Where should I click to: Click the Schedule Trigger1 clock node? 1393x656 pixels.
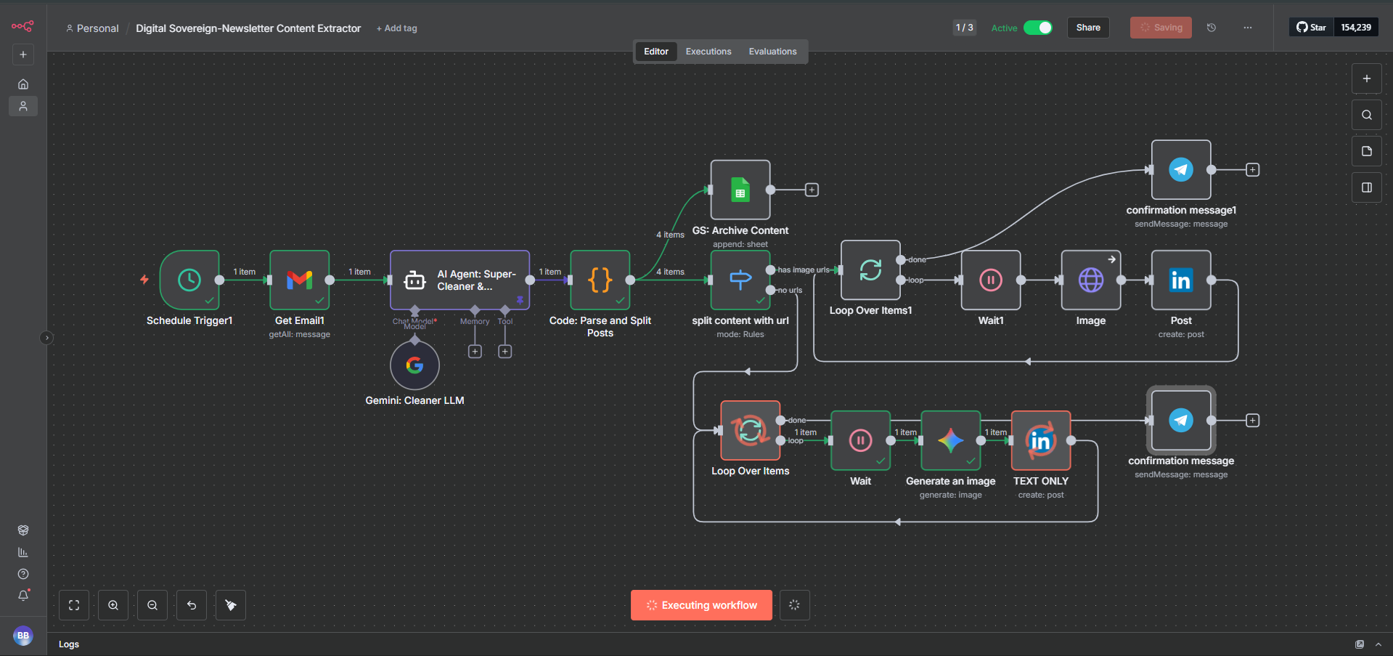click(189, 280)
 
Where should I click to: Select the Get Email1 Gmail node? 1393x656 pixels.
click(299, 280)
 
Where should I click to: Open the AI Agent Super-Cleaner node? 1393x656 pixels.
click(459, 280)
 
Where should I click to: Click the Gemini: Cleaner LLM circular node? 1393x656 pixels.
click(414, 365)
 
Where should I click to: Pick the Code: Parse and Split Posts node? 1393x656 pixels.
click(600, 280)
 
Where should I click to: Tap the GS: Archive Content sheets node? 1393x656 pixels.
click(740, 190)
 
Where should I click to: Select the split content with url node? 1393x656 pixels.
click(740, 280)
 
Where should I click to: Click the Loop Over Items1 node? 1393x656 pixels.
click(870, 270)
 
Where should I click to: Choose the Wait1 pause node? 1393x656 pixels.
click(990, 280)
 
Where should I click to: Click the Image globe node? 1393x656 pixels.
click(1090, 280)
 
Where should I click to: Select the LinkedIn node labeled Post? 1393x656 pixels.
click(1180, 280)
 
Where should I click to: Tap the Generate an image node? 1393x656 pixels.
click(950, 440)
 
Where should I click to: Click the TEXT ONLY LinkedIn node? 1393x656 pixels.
click(1040, 440)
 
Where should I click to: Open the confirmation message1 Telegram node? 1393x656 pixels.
click(1180, 169)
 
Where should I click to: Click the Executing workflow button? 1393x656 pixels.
click(701, 605)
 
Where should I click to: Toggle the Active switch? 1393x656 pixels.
click(1037, 28)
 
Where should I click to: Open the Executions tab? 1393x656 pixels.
click(708, 52)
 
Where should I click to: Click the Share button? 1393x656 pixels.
click(1087, 28)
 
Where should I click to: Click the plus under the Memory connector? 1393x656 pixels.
click(475, 352)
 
